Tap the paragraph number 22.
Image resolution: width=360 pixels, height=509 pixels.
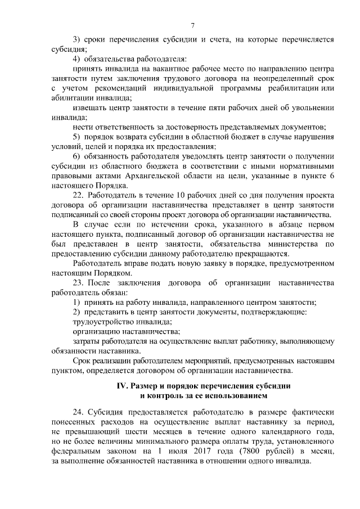[x=79, y=195]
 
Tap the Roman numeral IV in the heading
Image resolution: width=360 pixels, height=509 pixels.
[x=122, y=386]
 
